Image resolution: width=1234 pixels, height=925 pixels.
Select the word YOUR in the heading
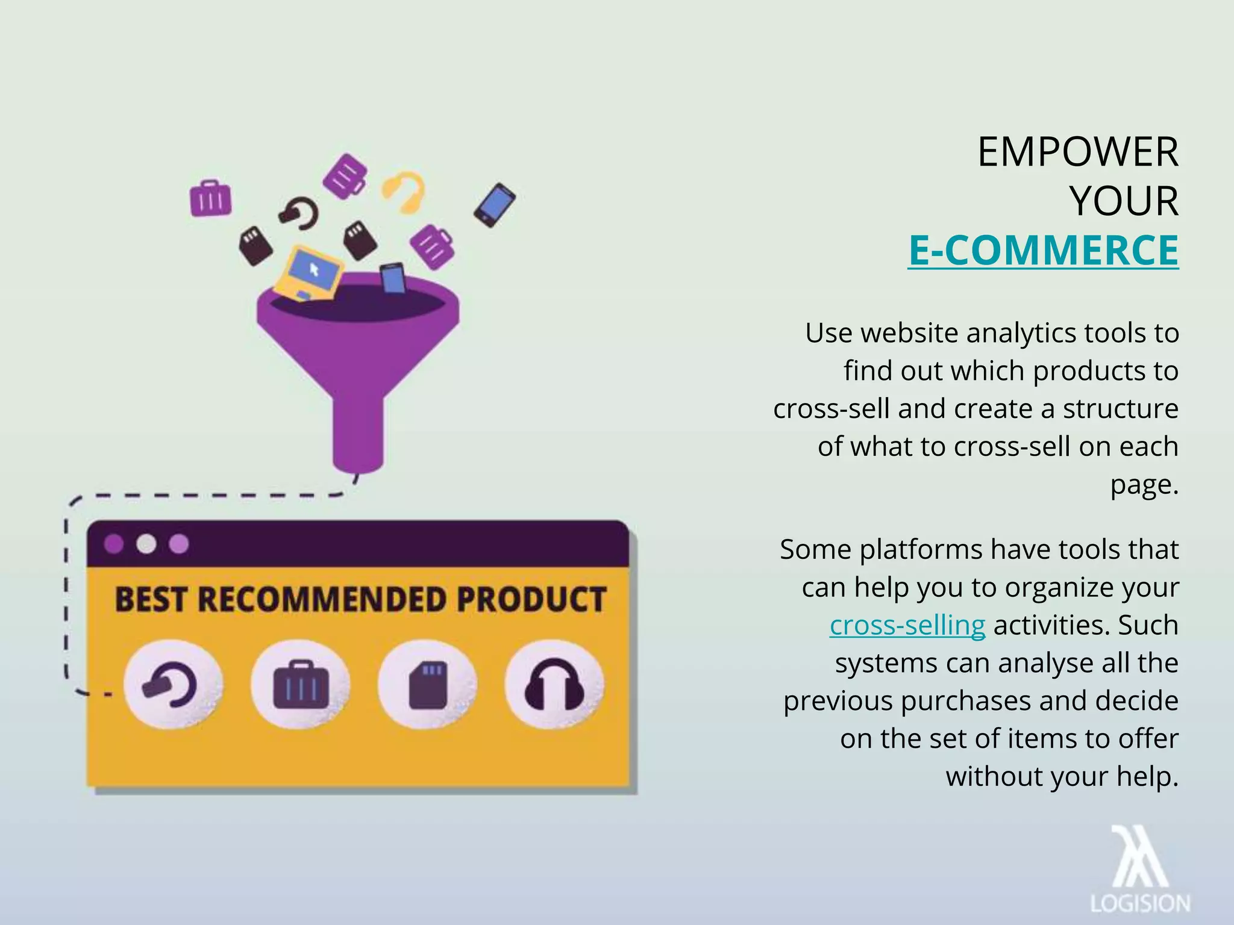[1124, 201]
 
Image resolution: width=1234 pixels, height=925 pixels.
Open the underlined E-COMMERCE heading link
[1043, 250]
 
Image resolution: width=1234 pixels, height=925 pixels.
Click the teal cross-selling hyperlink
[907, 625]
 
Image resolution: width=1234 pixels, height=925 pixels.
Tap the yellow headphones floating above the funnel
[404, 192]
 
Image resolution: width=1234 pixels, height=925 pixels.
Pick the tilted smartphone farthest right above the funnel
[495, 205]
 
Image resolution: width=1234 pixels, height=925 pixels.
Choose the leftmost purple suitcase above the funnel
[210, 198]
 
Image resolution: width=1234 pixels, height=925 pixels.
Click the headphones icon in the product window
[554, 685]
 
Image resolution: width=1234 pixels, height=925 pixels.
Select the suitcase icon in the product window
[301, 685]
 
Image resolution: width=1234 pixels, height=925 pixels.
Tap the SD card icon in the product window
[428, 685]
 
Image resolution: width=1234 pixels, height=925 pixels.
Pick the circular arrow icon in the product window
[173, 685]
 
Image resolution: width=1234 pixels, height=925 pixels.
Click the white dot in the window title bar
[146, 544]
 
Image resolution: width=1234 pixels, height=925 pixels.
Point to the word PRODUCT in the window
[531, 600]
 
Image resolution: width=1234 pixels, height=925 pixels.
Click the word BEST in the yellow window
[150, 600]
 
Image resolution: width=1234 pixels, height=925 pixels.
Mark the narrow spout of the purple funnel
[358, 428]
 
